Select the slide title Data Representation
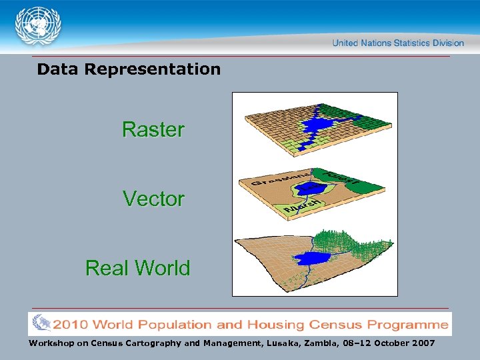point(129,69)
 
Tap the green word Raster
point(153,129)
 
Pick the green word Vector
point(153,199)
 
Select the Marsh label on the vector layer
point(297,209)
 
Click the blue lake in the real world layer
point(310,259)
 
